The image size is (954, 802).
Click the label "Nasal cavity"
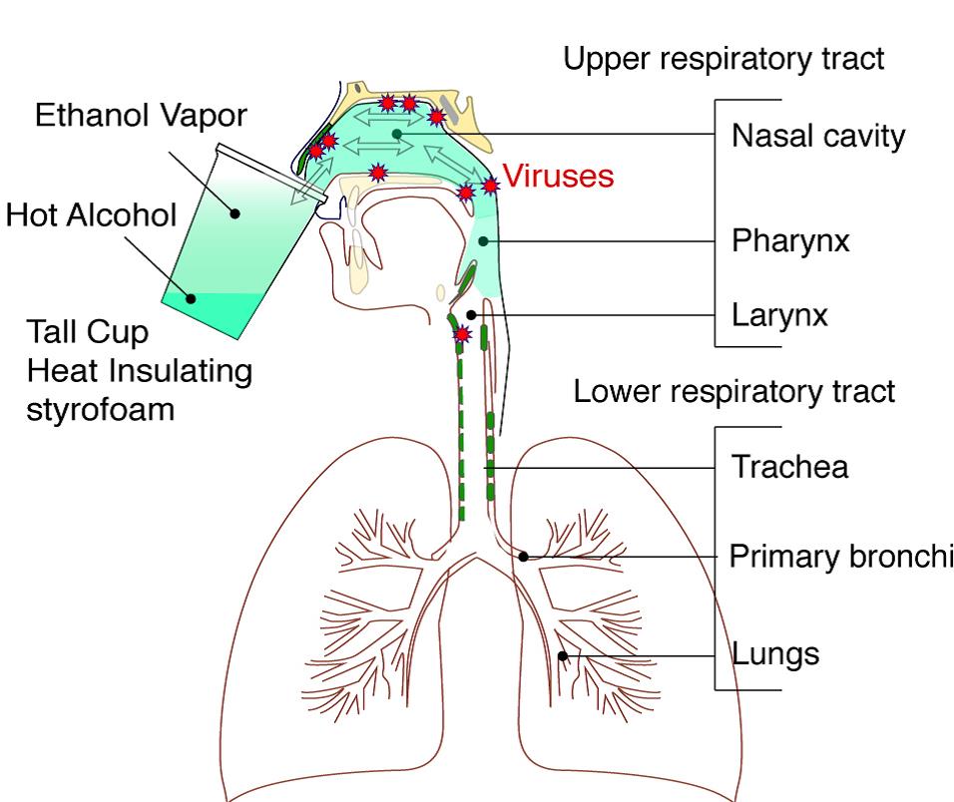coord(818,136)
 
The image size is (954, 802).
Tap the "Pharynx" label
coord(790,241)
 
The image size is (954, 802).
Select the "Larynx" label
coord(779,316)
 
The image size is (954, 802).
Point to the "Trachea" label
coord(789,467)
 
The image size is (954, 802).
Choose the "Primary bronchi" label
coord(841,557)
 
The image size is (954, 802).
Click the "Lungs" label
coord(775,654)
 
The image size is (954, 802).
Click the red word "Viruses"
coord(557,178)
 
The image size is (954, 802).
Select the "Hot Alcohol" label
coord(91,214)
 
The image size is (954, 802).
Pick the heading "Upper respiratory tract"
coord(723,59)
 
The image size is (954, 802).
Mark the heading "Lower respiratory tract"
coord(734,392)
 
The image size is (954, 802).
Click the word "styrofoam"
coord(101,408)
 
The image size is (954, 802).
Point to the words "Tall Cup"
coord(87,332)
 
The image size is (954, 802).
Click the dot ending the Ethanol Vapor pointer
coord(235,211)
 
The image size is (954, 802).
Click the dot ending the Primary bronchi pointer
coord(522,557)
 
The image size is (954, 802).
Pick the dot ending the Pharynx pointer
coord(483,240)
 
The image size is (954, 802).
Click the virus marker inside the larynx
coord(461,333)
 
